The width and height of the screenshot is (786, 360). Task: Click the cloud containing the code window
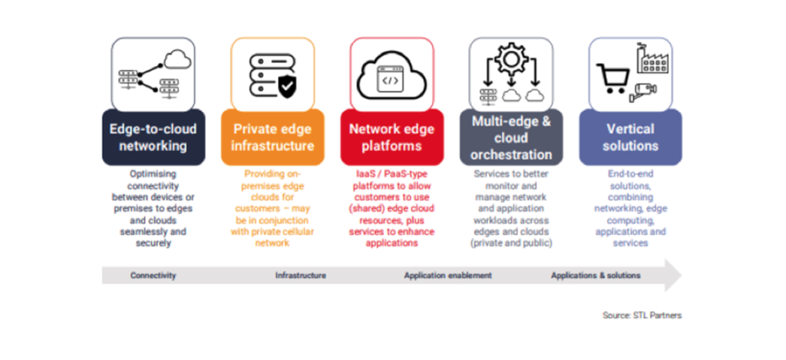pos(391,75)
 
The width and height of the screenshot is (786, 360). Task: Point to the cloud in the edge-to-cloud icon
pos(176,57)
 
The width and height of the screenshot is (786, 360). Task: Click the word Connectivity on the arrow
pos(153,275)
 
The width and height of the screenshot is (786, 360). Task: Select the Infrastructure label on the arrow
pos(300,275)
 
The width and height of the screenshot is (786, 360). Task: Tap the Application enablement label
pos(447,275)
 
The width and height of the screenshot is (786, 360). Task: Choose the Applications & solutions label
pos(595,275)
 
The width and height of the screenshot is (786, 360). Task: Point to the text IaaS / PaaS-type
pos(391,174)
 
